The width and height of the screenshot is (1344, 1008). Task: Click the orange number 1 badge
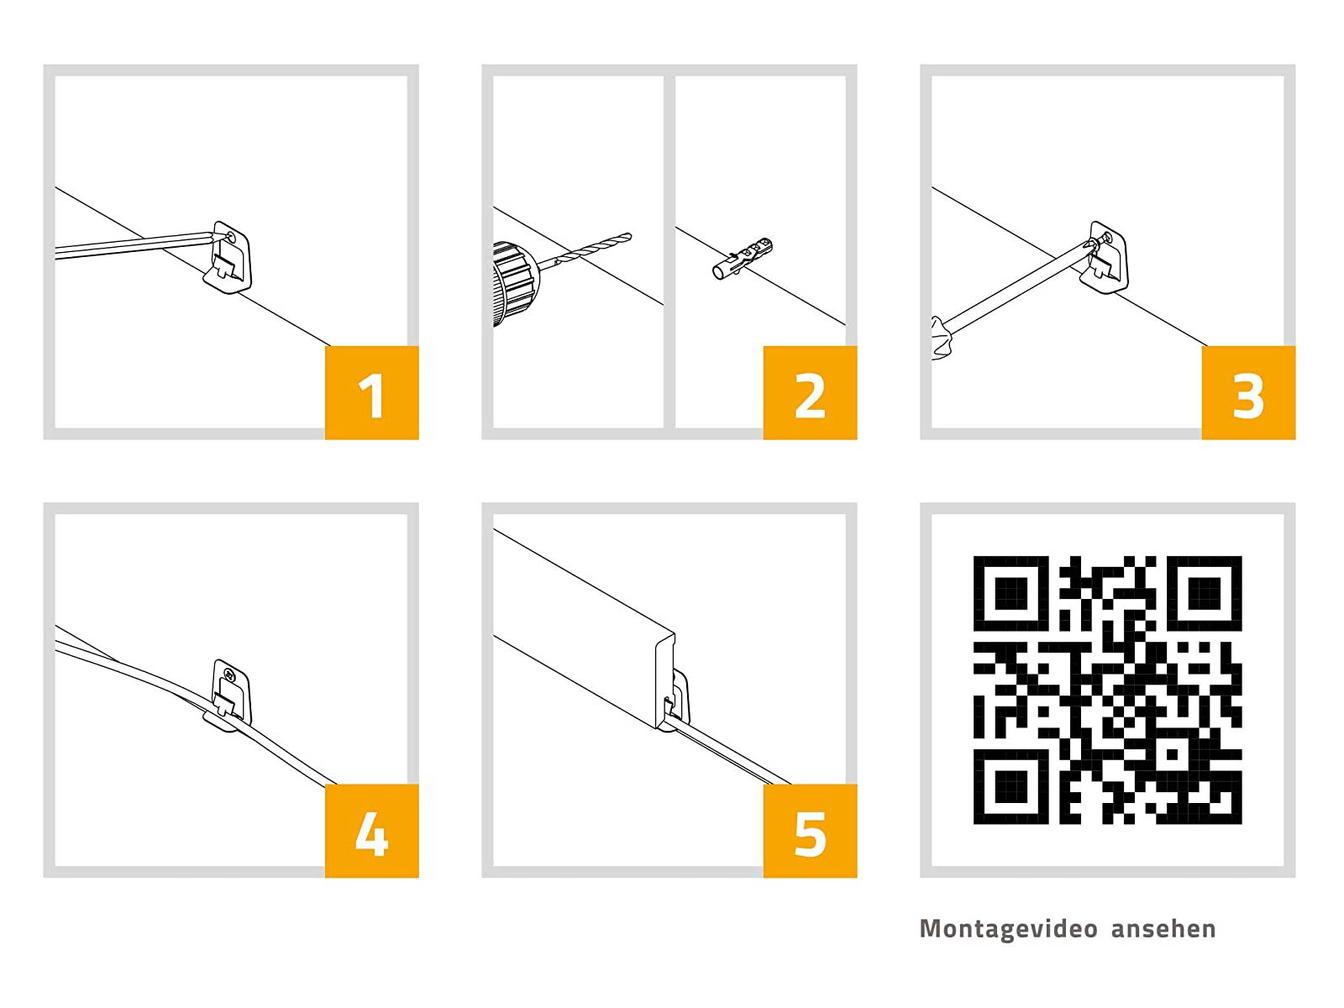371,392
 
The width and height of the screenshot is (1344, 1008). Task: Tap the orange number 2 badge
810,392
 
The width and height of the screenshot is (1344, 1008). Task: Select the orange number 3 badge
1248,392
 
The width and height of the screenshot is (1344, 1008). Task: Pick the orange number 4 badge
371,831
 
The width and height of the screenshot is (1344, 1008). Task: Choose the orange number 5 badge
810,831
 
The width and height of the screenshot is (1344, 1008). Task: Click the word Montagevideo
1009,929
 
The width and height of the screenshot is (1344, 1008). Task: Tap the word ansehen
1163,929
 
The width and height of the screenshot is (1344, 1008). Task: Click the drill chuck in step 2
515,283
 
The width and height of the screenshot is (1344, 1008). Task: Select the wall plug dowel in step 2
743,258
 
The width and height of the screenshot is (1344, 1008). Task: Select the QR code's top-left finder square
1011,593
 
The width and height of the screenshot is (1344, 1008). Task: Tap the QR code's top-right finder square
1204,593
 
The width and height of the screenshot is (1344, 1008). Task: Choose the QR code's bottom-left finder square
1011,786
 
